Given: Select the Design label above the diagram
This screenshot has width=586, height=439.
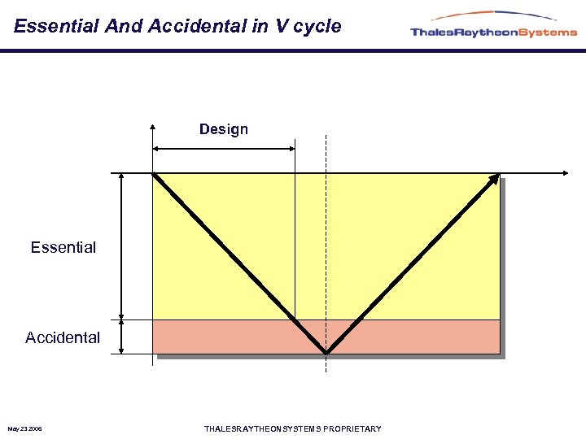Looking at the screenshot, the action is [x=224, y=129].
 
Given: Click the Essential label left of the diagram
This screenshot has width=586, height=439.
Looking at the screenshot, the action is [x=63, y=247].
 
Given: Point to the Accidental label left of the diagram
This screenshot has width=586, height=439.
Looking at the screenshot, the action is [x=63, y=337].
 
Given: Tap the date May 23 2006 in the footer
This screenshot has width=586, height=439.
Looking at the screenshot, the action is [x=25, y=429].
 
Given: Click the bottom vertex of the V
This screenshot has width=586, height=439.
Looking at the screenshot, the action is [x=326, y=353].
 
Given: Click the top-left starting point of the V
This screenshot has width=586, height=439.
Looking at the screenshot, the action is [x=154, y=174].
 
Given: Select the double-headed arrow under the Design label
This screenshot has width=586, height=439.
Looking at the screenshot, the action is [x=224, y=148].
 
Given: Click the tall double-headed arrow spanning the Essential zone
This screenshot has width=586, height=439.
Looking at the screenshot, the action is [x=121, y=246].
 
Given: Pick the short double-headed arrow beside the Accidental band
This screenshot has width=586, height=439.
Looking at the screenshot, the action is [x=121, y=337].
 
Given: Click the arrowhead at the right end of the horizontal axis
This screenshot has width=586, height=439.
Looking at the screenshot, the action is [x=565, y=173].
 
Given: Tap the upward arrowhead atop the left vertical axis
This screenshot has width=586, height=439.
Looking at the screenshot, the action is [x=152, y=127].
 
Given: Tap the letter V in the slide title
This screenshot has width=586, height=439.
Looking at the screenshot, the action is [x=282, y=26].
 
